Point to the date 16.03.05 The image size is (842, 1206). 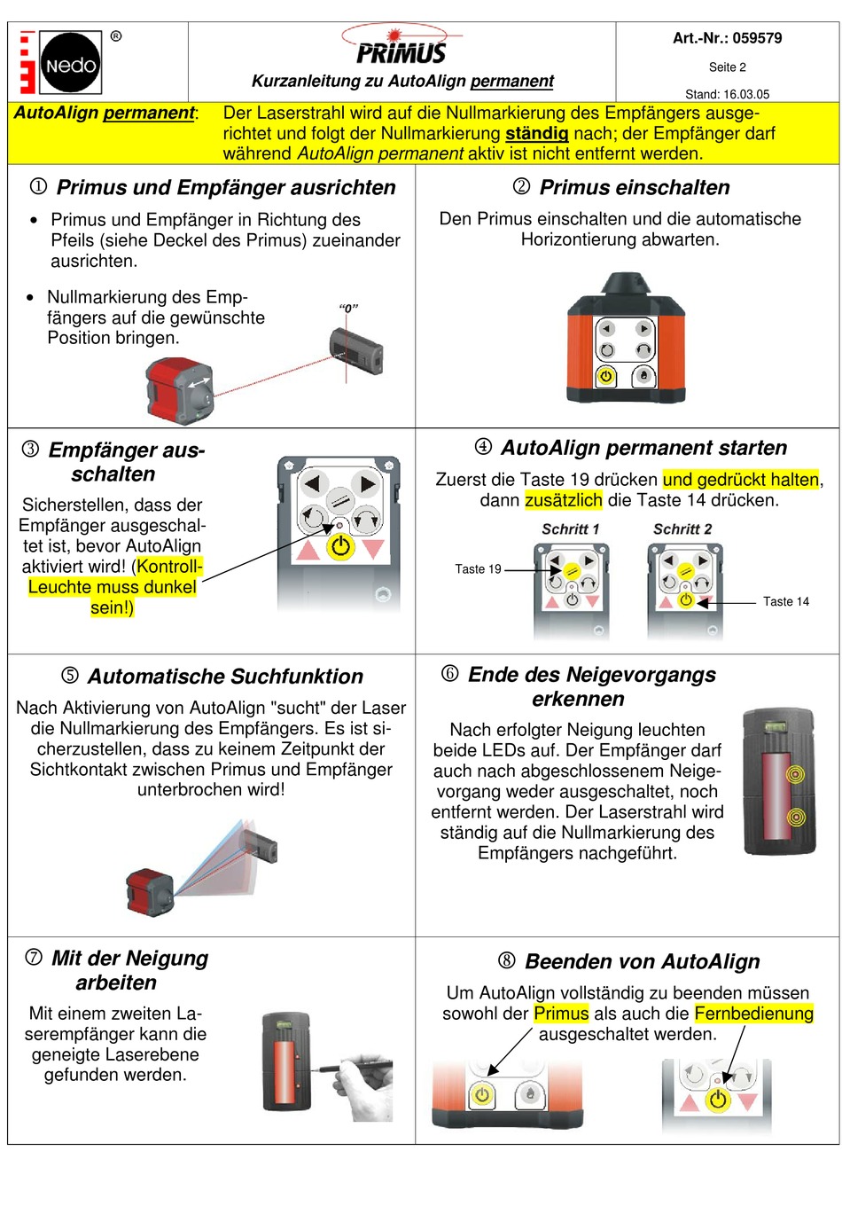coord(746,94)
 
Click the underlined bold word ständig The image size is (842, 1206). coord(536,133)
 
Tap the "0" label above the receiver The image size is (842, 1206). coord(348,309)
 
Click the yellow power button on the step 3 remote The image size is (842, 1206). coord(340,546)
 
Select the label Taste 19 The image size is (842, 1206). coord(478,569)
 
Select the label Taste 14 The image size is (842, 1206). coord(785,601)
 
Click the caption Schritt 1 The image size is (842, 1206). coord(570,529)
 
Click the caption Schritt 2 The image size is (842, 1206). coord(682,529)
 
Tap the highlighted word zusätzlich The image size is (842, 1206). coord(563,500)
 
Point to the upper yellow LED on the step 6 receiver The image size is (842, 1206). coord(795,775)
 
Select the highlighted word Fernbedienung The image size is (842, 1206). coord(753,1014)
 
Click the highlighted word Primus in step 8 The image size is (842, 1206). coord(561,1014)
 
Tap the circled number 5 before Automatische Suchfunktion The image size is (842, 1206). coord(70,676)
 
